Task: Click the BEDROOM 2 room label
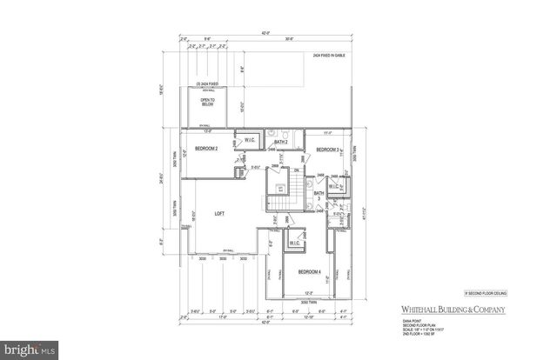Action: pyautogui.click(x=206, y=149)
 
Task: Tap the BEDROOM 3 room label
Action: pyautogui.click(x=327, y=150)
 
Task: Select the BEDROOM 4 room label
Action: pyautogui.click(x=310, y=272)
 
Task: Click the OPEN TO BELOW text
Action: pyautogui.click(x=208, y=102)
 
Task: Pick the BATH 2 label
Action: pyautogui.click(x=280, y=141)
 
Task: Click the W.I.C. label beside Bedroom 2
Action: pyautogui.click(x=249, y=139)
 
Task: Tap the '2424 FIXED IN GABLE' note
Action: pyautogui.click(x=332, y=56)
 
